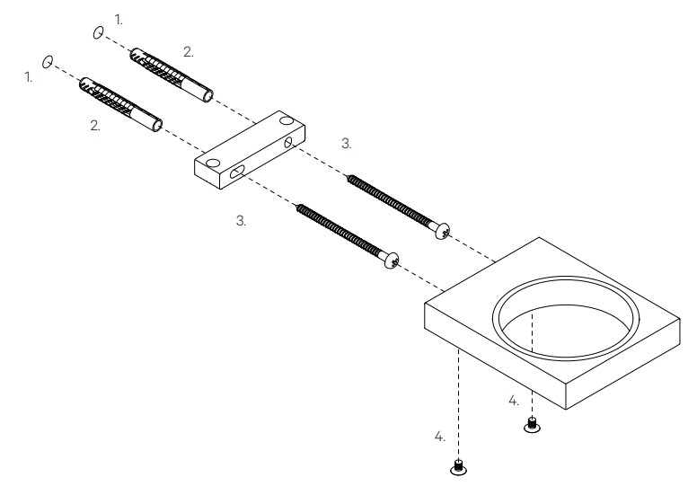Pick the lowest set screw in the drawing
click(x=458, y=466)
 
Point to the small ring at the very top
click(x=96, y=33)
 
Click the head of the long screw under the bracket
click(x=392, y=261)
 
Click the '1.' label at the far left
click(x=29, y=78)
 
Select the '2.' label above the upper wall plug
click(x=188, y=52)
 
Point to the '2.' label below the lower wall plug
click(x=95, y=127)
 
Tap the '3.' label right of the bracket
click(x=347, y=143)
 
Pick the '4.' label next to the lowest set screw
click(x=439, y=437)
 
